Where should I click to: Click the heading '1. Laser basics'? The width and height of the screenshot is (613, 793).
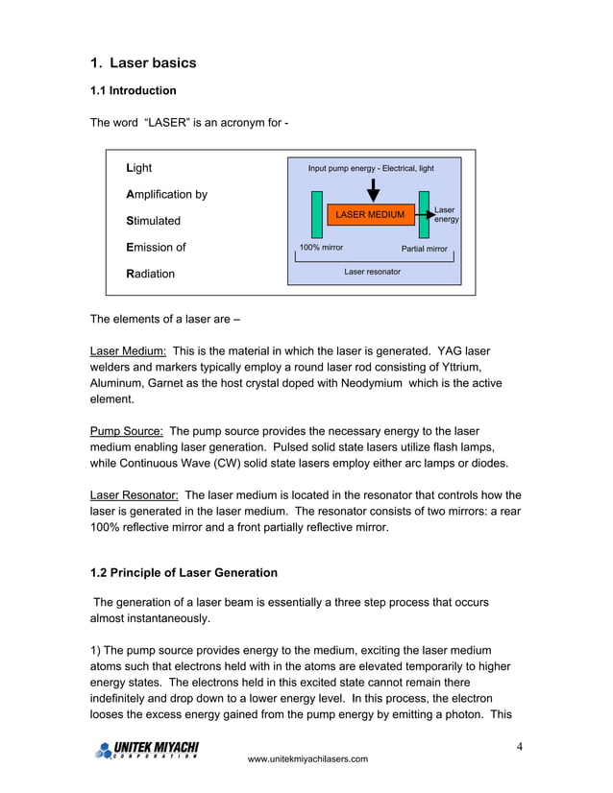pos(143,63)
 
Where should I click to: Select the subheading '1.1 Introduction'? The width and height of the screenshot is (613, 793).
pos(134,91)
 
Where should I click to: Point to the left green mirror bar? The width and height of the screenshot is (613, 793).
pos(317,213)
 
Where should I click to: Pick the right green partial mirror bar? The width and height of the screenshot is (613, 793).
pos(424,213)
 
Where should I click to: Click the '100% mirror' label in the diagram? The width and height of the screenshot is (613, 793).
pos(321,248)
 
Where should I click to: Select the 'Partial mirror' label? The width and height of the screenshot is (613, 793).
pos(424,249)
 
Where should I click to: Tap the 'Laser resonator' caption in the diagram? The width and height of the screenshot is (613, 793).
pos(372,272)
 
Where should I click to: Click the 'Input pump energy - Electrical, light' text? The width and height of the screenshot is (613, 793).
pos(371,169)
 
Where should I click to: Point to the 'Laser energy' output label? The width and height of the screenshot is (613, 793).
pos(445,214)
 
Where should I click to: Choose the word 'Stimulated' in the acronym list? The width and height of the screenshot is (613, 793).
pos(154,221)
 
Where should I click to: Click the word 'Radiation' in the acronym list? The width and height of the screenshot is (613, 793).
pos(151,274)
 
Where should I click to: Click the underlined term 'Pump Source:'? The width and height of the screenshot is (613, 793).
pos(126,431)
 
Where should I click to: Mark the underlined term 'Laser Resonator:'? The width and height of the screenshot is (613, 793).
pos(134,494)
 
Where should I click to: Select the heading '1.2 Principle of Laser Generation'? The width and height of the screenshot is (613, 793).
pos(184,573)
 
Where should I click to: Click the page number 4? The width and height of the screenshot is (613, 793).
pos(519,747)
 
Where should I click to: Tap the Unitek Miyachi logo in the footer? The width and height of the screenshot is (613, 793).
pos(146,750)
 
